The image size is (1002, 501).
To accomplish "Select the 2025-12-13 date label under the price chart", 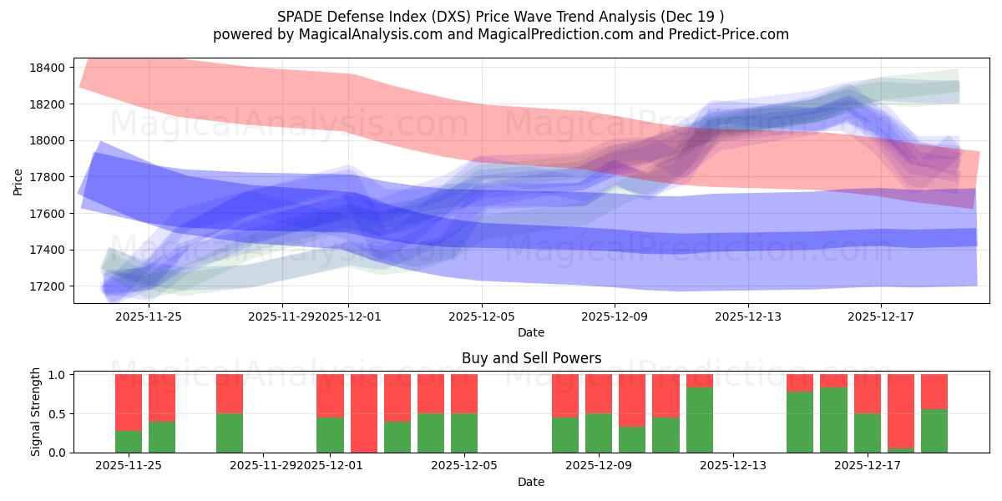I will (x=747, y=316).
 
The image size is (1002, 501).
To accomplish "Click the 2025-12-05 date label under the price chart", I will (x=482, y=316).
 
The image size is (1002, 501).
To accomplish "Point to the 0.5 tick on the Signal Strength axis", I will (x=58, y=414).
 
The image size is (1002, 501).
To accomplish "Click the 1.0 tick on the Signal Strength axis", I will (x=58, y=375).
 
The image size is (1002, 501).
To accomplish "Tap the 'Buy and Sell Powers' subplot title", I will (x=531, y=358).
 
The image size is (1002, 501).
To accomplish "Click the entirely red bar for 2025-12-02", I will (x=364, y=413).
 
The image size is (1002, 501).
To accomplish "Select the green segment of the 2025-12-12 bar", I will (x=700, y=420).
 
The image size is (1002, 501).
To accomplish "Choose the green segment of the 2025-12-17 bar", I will (x=868, y=433).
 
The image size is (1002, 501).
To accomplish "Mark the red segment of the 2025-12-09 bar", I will (x=599, y=393).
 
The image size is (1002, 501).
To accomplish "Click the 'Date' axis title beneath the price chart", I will (x=531, y=332).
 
